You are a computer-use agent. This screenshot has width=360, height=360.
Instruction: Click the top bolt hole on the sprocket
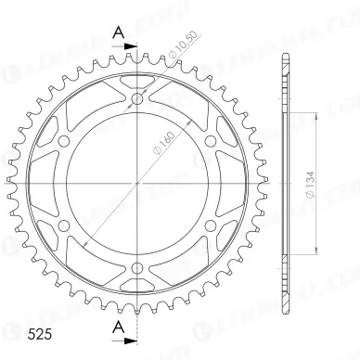pos(138,99)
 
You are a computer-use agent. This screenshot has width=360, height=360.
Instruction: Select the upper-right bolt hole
pos(211,141)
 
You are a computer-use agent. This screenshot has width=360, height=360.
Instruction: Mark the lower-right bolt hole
pos(211,225)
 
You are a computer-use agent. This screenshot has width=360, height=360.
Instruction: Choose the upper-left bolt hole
pos(66,141)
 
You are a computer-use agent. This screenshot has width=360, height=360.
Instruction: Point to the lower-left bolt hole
pos(66,225)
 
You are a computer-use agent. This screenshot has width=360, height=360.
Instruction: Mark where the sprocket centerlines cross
pos(138,184)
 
